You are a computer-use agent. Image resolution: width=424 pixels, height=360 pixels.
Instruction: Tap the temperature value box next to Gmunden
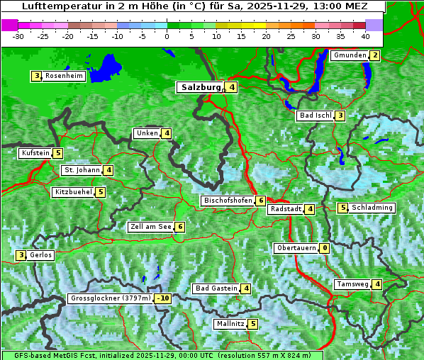(x=375, y=56)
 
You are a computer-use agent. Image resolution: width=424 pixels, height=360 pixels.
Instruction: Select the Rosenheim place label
(x=64, y=76)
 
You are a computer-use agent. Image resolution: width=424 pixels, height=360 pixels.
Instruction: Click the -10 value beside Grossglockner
(x=163, y=298)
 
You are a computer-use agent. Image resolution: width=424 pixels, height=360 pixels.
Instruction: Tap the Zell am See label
(x=151, y=227)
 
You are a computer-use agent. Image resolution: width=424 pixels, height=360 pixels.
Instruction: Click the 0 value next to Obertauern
(x=324, y=248)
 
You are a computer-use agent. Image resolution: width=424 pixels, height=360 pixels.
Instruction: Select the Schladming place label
(x=372, y=208)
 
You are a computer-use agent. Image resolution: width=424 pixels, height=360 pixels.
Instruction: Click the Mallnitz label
(x=230, y=324)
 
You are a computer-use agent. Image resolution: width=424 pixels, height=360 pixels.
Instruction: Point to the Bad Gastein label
(x=216, y=288)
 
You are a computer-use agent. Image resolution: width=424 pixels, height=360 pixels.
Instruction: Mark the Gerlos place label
(x=40, y=255)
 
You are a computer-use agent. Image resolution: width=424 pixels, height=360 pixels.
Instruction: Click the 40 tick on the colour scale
(x=364, y=36)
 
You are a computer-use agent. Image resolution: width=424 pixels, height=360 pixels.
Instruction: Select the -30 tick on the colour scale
(x=18, y=36)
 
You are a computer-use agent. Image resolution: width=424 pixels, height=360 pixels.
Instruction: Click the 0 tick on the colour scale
(x=167, y=36)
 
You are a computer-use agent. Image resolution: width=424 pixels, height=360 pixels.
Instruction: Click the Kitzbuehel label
(x=73, y=192)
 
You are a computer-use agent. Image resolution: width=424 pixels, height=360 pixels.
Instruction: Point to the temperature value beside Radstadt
(x=310, y=209)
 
